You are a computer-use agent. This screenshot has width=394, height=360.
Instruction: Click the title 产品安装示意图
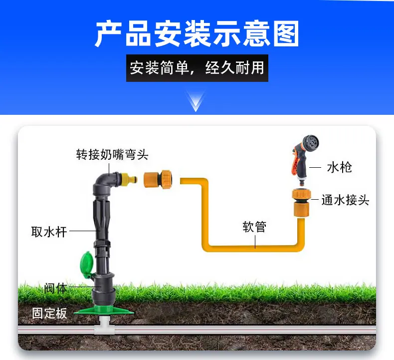point(197,34)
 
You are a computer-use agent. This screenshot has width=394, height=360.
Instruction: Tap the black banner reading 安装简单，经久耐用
point(197,68)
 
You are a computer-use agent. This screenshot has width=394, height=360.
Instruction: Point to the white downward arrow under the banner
point(196,101)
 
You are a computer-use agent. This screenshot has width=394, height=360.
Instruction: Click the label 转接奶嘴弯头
point(112,154)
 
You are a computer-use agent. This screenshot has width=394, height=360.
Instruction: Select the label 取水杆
point(49,232)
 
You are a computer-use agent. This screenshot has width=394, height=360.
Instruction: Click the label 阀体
point(55,288)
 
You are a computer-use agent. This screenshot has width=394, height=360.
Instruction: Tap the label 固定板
point(49,313)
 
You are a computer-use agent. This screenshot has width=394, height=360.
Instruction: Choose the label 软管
point(254,227)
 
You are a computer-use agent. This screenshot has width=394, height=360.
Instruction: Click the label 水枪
point(339,167)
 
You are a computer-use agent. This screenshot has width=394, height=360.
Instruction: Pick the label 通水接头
point(345,200)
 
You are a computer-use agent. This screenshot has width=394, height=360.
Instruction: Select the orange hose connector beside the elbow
point(158,179)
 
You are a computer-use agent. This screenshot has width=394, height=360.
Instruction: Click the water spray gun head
point(311,142)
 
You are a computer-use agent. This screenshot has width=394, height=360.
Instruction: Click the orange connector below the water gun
point(301,203)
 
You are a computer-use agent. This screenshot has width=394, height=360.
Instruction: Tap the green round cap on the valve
point(87,264)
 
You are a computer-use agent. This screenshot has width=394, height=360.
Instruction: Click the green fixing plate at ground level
point(104,311)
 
